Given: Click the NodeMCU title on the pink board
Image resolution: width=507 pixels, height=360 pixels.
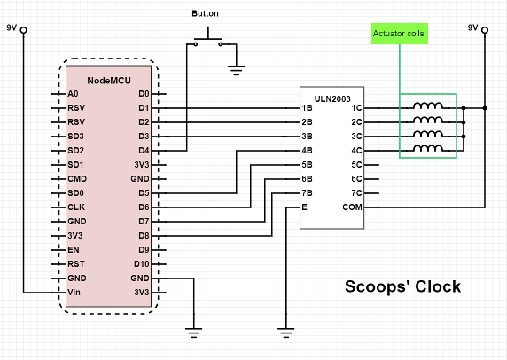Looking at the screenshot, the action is pyautogui.click(x=109, y=81).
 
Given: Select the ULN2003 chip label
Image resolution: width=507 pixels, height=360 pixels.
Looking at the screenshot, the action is pyautogui.click(x=332, y=99).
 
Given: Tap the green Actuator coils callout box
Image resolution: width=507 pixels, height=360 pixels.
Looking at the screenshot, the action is pyautogui.click(x=400, y=34).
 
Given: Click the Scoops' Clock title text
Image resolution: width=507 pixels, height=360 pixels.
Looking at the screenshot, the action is pyautogui.click(x=403, y=286).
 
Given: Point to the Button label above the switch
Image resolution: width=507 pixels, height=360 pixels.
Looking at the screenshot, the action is pyautogui.click(x=205, y=13).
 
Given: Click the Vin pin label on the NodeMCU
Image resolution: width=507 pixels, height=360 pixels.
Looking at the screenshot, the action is pyautogui.click(x=74, y=293).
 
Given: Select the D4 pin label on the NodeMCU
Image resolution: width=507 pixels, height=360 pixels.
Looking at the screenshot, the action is pyautogui.click(x=144, y=151).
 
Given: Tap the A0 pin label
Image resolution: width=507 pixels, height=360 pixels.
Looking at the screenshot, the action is pyautogui.click(x=73, y=94).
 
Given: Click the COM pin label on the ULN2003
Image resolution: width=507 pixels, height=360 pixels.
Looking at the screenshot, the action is pyautogui.click(x=353, y=207).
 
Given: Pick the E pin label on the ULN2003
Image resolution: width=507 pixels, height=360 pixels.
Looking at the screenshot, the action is pyautogui.click(x=304, y=207).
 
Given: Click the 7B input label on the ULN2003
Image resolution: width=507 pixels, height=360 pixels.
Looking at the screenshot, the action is pyautogui.click(x=308, y=193).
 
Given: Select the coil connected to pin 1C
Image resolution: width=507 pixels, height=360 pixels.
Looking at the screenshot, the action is pyautogui.click(x=428, y=106).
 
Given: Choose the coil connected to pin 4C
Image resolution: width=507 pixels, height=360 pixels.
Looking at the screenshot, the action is pyautogui.click(x=428, y=148).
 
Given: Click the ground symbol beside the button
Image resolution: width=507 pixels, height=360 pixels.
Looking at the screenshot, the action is pyautogui.click(x=237, y=70).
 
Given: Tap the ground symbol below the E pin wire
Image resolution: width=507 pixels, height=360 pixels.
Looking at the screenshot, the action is pyautogui.click(x=286, y=333).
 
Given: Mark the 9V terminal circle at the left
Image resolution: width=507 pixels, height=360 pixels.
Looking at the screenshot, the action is pyautogui.click(x=24, y=30).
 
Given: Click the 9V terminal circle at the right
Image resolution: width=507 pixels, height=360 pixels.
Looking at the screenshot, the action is pyautogui.click(x=485, y=30).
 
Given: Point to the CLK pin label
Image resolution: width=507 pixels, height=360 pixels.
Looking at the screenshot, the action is pyautogui.click(x=76, y=207).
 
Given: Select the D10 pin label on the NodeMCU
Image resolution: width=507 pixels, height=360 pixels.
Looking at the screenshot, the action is pyautogui.click(x=142, y=264).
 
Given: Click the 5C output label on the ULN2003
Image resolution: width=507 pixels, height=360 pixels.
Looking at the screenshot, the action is pyautogui.click(x=356, y=165).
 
